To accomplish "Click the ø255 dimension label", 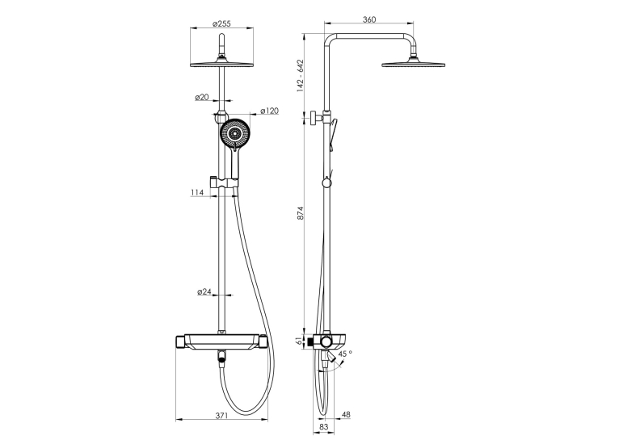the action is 221,23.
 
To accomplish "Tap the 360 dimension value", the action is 369,19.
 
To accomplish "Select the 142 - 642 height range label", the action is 301,76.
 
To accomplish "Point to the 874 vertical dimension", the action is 301,212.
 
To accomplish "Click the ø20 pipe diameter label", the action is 202,97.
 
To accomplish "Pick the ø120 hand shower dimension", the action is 269,111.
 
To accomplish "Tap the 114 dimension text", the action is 197,192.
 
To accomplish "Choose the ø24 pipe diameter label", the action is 204,291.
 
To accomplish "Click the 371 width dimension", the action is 221,415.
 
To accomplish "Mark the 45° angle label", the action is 345,354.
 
